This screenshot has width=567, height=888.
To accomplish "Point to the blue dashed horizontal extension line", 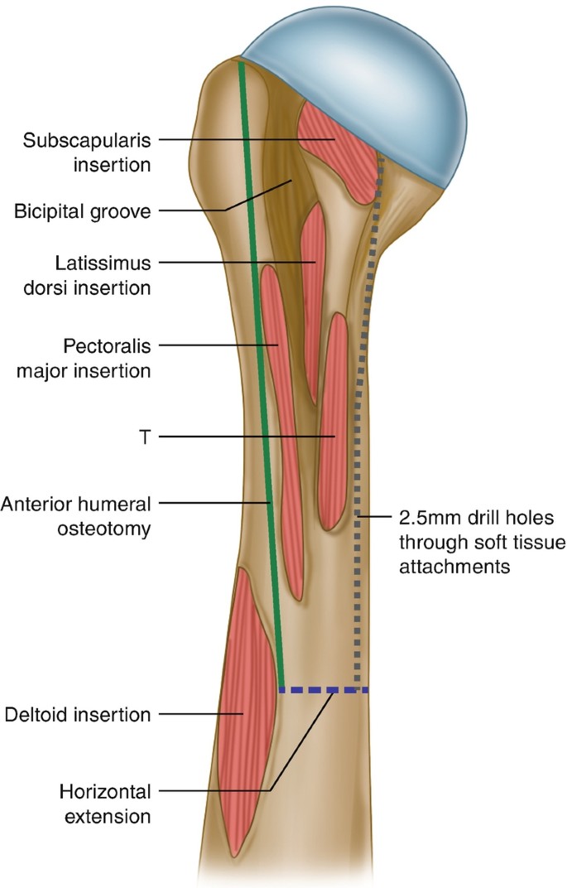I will (323, 689).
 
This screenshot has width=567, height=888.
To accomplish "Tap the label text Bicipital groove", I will (82, 212).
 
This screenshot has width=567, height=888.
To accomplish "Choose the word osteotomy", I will (110, 528).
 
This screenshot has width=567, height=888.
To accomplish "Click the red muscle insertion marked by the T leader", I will (333, 422).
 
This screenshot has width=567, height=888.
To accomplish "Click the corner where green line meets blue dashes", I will (282, 689).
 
